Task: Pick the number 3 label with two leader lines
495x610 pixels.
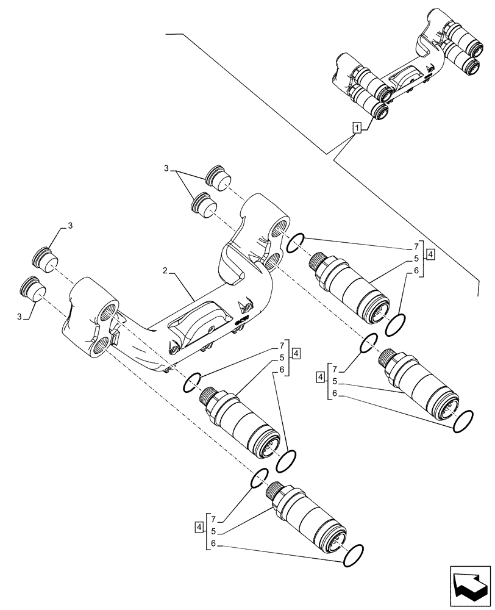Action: coord(166,168)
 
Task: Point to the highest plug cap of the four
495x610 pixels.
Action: coord(217,176)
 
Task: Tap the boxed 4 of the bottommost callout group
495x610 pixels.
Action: coord(199,526)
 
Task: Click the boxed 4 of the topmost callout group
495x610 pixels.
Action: coord(430,254)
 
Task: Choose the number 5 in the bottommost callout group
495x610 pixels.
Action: coord(213,531)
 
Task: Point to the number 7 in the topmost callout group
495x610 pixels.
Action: coord(416,246)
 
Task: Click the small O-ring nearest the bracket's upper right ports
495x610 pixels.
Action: coord(294,243)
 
